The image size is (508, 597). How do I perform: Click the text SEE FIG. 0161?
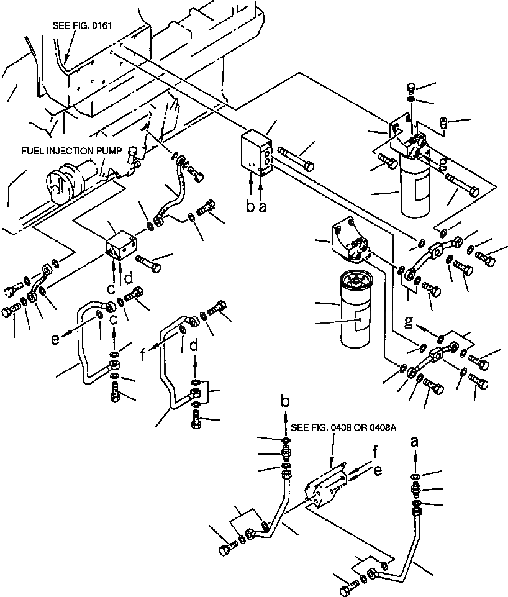tap(83, 25)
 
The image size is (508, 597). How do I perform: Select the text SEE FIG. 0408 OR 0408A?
tap(335, 428)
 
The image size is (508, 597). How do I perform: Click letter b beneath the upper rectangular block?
tap(250, 207)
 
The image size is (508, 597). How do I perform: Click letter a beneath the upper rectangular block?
tap(262, 207)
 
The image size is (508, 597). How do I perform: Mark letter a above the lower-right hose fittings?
tap(415, 442)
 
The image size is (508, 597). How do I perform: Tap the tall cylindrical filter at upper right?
tap(414, 186)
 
